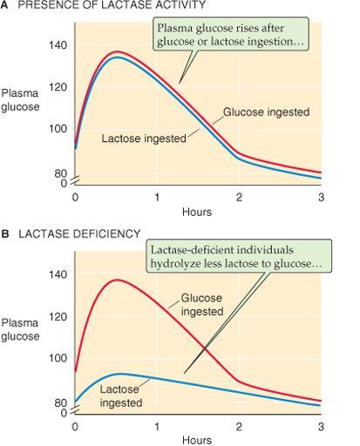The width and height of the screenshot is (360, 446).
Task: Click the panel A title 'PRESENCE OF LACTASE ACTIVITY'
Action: click(x=112, y=4)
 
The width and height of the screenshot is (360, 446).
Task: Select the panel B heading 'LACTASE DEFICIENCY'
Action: click(x=79, y=233)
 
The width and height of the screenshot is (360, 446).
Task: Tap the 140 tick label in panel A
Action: click(x=58, y=45)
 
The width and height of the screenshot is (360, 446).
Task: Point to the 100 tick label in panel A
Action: click(x=58, y=128)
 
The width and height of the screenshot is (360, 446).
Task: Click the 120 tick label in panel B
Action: click(x=58, y=317)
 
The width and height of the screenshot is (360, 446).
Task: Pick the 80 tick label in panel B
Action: click(x=60, y=402)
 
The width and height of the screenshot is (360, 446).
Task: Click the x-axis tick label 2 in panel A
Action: click(x=239, y=198)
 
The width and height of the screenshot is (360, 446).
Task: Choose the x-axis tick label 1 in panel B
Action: click(x=157, y=427)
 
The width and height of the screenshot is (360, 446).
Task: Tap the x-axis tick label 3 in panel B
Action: click(x=321, y=427)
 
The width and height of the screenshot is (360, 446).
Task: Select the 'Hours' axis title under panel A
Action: click(x=197, y=212)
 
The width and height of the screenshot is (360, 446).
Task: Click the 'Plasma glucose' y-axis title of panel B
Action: click(x=20, y=329)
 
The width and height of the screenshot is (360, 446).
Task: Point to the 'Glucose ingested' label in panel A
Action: click(x=266, y=112)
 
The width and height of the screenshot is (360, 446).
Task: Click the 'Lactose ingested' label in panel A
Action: click(x=144, y=139)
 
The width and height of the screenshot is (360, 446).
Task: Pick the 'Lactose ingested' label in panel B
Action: click(x=121, y=396)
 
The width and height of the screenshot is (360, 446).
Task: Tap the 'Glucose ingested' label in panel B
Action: click(x=202, y=305)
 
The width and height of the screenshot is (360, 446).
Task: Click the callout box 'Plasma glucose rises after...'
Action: click(x=230, y=34)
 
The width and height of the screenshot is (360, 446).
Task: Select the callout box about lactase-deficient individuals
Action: click(x=238, y=256)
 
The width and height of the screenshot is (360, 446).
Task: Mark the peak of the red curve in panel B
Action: click(x=117, y=280)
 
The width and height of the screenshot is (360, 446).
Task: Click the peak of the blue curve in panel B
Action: click(x=121, y=374)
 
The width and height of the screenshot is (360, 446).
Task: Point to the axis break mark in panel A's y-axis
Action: click(x=75, y=180)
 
